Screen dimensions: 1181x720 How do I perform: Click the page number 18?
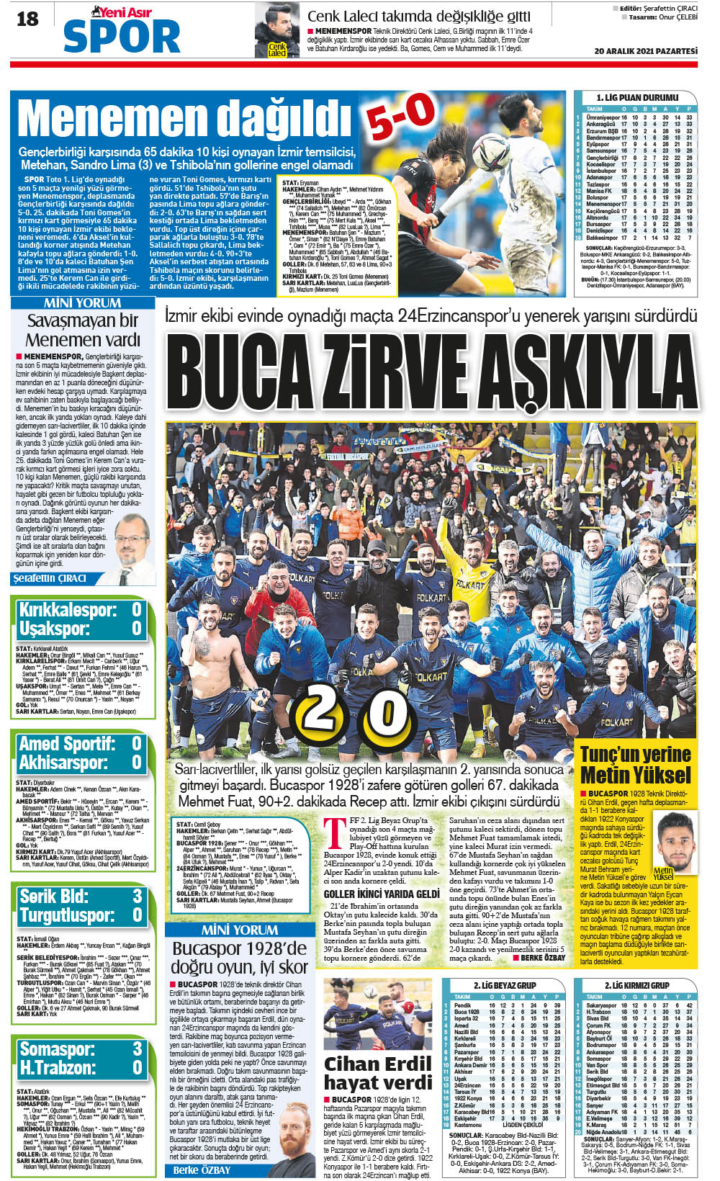(27, 20)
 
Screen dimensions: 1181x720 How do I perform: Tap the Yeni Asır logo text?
(121, 12)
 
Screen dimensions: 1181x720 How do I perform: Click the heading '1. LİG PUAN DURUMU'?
(636, 97)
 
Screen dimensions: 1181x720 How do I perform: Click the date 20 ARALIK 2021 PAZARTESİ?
(646, 51)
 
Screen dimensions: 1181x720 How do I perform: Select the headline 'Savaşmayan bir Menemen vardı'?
(83, 329)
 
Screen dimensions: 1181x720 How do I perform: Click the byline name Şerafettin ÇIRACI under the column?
(50, 578)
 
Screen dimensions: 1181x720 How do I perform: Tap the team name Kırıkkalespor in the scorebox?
(67, 610)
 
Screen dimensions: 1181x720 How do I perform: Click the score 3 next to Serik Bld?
(137, 897)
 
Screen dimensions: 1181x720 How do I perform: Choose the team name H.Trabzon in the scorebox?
(58, 1067)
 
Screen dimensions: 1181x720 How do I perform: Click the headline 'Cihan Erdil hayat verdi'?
(377, 1073)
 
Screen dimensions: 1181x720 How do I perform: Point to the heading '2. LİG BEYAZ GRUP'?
(504, 985)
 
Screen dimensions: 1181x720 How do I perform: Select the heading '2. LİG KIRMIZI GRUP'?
(636, 985)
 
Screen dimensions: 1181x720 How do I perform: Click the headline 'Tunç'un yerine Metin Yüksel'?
(635, 765)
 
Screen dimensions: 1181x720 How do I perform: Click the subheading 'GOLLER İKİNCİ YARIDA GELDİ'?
(381, 894)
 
